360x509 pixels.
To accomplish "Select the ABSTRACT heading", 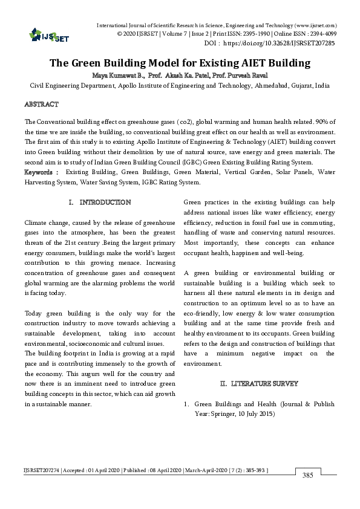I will pyautogui.click(x=42, y=105).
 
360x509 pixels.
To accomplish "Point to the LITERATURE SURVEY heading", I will pyautogui.click(x=264, y=384).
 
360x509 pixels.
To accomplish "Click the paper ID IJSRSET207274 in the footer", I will pyautogui.click(x=42, y=469).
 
